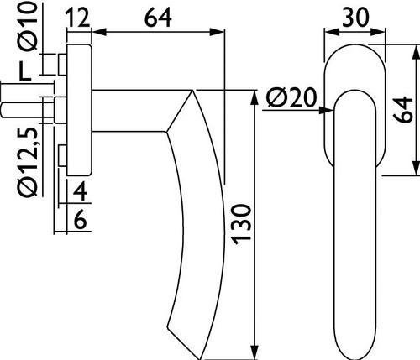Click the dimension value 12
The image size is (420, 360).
coord(77,18)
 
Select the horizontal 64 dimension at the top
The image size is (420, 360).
coord(158,18)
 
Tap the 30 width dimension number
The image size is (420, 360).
coord(355,18)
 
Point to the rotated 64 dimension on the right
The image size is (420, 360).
coord(402,110)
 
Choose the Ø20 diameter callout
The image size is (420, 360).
coord(291,98)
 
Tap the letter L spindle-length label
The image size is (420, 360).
coord(24,71)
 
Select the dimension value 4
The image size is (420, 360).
coord(80,191)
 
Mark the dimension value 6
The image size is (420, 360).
coord(80,221)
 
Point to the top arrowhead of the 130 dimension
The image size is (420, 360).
coord(255,97)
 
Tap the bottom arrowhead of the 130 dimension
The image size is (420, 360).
coord(255,352)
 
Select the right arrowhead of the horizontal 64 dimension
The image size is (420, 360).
coord(217,32)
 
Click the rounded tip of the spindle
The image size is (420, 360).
coord(3,110)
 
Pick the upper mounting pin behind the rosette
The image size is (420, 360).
coord(62,65)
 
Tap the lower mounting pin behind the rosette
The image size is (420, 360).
coord(62,156)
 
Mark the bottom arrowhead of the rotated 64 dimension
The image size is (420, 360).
coord(417,168)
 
